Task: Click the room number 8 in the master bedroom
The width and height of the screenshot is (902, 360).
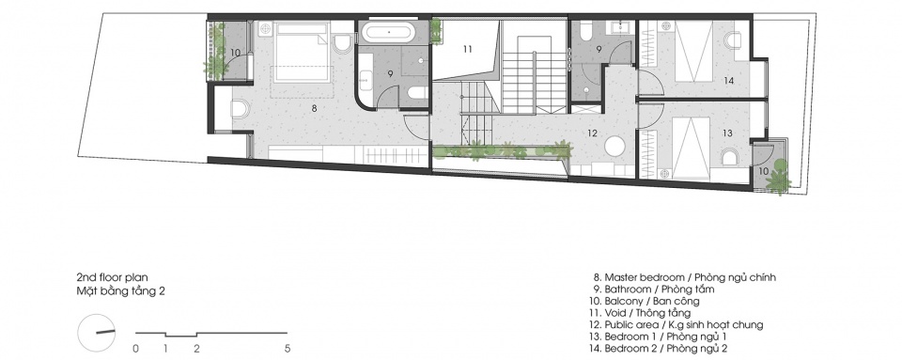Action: pyautogui.click(x=315, y=107)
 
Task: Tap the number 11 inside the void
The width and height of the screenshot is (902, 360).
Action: pyautogui.click(x=467, y=50)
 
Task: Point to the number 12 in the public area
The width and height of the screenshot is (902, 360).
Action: pyautogui.click(x=593, y=133)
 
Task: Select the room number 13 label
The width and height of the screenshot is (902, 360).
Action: pyautogui.click(x=727, y=133)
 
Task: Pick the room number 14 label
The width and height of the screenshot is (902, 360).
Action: pyautogui.click(x=729, y=81)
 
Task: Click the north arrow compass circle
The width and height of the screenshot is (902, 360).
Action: pyautogui.click(x=96, y=333)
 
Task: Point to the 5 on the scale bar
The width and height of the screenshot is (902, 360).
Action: pyautogui.click(x=288, y=349)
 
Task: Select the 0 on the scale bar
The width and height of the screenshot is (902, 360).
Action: pyautogui.click(x=135, y=349)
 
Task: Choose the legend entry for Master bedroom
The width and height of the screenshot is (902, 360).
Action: pyautogui.click(x=686, y=278)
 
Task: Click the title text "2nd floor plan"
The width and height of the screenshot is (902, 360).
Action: pyautogui.click(x=113, y=278)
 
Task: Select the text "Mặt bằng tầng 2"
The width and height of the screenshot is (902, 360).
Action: pyautogui.click(x=121, y=291)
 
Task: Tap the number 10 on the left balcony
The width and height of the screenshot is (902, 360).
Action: pyautogui.click(x=235, y=53)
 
